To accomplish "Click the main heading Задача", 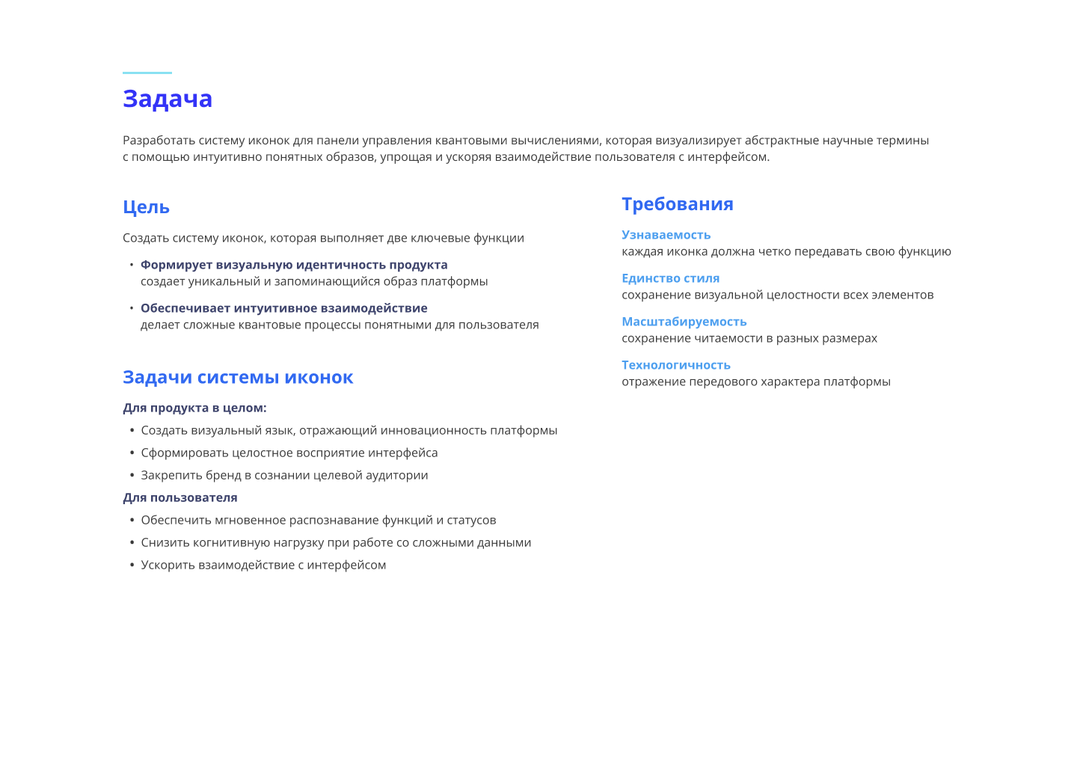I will click(x=168, y=99).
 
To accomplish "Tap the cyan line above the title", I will click(x=147, y=73).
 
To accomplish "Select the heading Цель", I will click(x=146, y=207).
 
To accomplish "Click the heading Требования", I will click(x=677, y=204).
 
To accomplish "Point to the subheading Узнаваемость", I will click(x=666, y=235).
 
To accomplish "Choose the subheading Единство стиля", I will click(x=670, y=278).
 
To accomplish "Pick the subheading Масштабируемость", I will click(x=684, y=322).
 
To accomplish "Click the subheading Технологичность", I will click(x=675, y=365).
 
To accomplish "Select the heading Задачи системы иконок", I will click(x=238, y=377).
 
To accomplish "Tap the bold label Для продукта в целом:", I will click(x=194, y=408).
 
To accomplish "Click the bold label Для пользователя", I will click(x=180, y=497).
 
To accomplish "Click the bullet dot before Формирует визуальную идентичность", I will click(x=132, y=265).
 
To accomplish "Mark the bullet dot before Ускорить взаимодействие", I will click(x=132, y=566).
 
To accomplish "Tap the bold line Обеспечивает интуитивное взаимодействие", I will click(x=284, y=308).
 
